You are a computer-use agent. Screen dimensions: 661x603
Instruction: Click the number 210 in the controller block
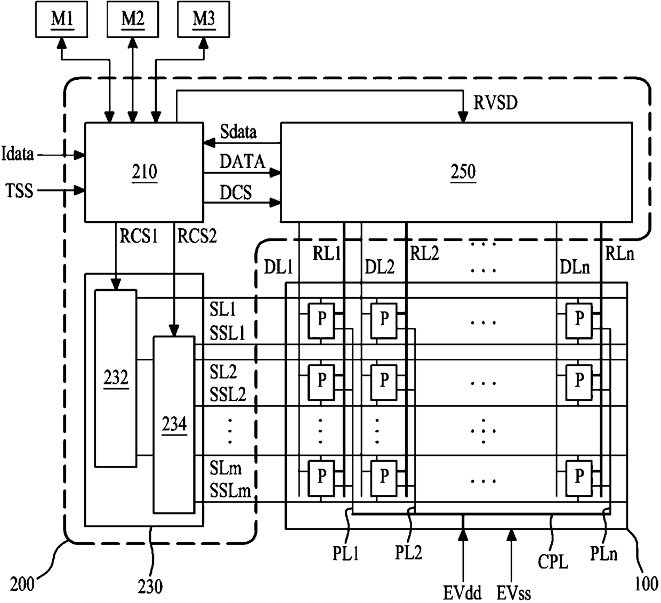(144, 172)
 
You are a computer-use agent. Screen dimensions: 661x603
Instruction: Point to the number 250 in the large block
(463, 172)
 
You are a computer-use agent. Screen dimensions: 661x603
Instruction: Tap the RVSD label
(495, 102)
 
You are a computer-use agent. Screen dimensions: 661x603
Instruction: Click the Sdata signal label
(238, 132)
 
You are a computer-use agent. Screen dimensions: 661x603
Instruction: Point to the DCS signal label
(236, 192)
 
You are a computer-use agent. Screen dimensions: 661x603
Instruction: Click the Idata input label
(18, 154)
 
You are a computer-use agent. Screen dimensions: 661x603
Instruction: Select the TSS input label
(19, 191)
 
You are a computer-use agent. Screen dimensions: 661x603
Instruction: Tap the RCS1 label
(139, 236)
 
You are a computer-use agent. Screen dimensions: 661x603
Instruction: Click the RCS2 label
(197, 236)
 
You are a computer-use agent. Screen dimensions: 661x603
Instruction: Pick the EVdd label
(462, 592)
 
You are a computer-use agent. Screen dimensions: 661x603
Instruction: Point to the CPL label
(553, 562)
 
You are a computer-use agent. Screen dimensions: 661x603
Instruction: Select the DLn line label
(575, 267)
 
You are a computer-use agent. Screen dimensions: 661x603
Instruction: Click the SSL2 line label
(228, 395)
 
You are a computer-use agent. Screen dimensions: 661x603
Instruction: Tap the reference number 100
(646, 584)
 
